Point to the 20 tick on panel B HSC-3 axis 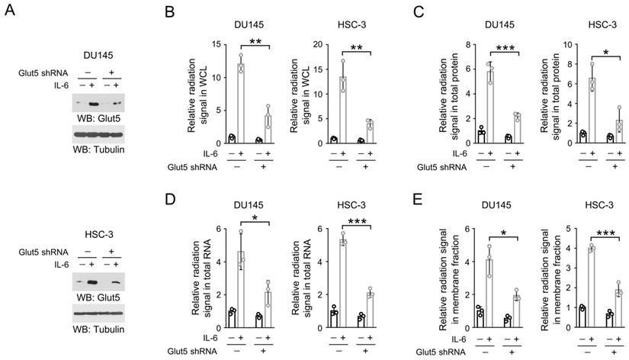coord(319,44)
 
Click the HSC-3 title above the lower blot coord(97,236)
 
